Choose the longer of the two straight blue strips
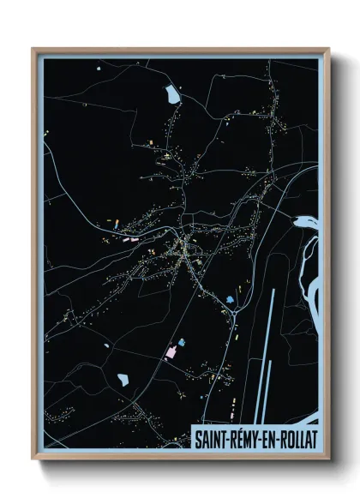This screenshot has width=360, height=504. click(271, 343)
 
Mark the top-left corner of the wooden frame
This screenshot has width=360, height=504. click(33, 49)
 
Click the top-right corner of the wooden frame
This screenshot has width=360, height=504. click(328, 49)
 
